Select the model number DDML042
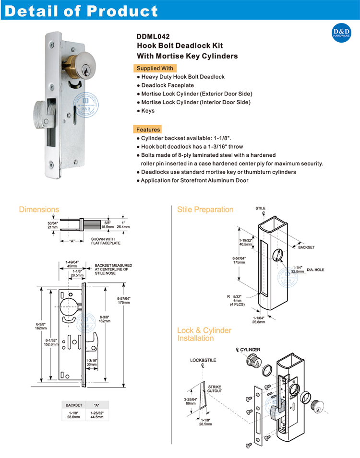point(153,35)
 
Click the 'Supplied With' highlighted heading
point(155,68)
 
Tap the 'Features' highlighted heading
point(148,129)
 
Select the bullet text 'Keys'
point(147,111)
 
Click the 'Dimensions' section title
point(39,210)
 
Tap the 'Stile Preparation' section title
point(205,210)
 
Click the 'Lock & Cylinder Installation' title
point(204,334)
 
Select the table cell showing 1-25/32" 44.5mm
point(97,415)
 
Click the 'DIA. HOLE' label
point(315,270)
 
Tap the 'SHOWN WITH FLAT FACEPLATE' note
point(106,241)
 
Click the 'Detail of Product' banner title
point(81,11)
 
